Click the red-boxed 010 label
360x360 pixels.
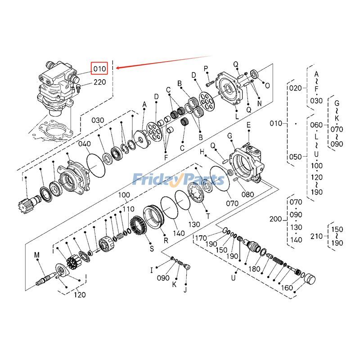(x=99, y=68)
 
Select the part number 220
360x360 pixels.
(x=100, y=82)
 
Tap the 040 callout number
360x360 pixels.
(x=85, y=144)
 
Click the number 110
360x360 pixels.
(x=129, y=209)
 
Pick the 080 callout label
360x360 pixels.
(x=247, y=194)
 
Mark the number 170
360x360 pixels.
(x=201, y=238)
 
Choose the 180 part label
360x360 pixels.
(x=255, y=269)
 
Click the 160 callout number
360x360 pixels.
(x=287, y=288)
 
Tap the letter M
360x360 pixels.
(x=37, y=255)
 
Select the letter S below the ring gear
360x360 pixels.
(x=152, y=248)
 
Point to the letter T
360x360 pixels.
(x=208, y=216)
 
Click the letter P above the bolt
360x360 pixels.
(x=206, y=68)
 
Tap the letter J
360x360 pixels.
(x=184, y=289)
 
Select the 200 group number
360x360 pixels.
(x=275, y=219)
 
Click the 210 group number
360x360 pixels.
(x=317, y=236)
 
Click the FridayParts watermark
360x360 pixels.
(x=178, y=180)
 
